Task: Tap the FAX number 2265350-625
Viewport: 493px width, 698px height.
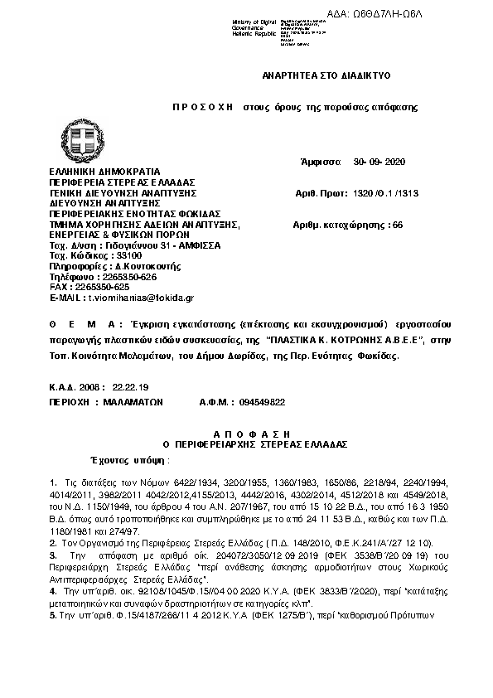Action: coord(102,286)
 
